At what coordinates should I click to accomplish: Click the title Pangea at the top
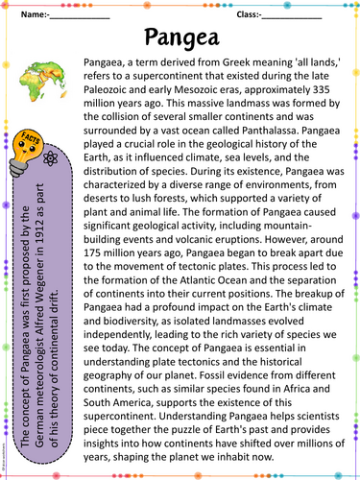183,38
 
